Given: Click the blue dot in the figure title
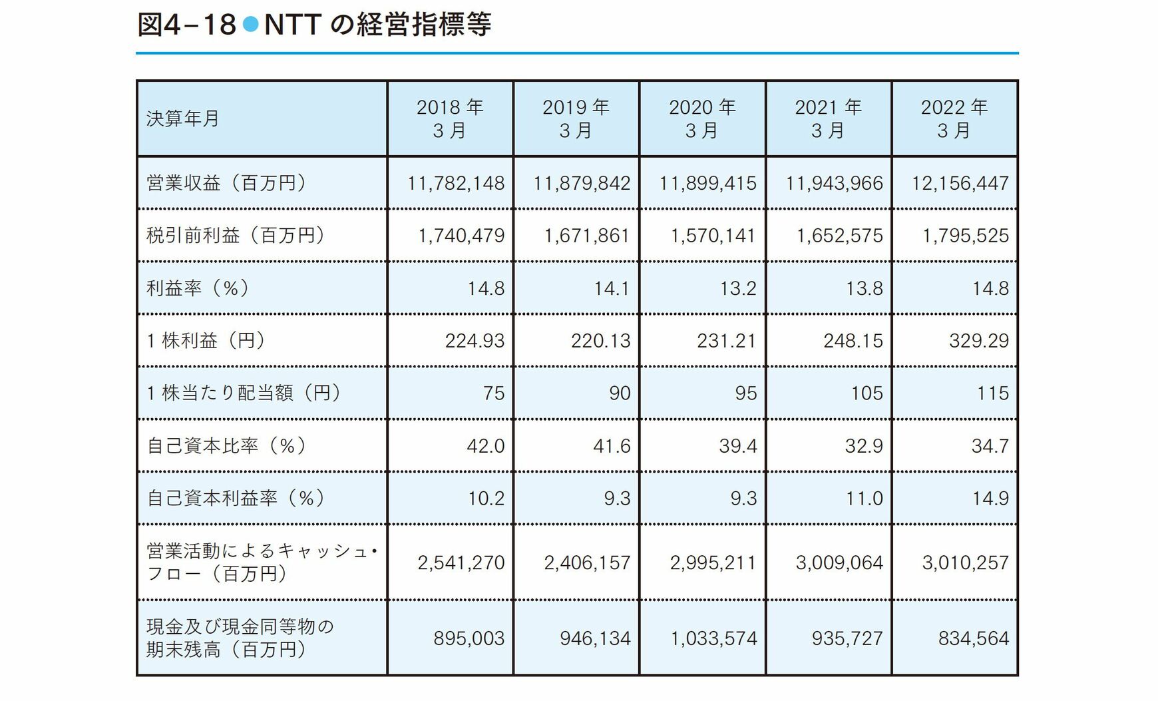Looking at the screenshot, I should tap(250, 25).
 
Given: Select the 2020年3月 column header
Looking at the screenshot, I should tap(702, 118).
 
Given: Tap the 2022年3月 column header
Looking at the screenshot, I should tap(954, 118).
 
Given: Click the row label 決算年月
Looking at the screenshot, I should tap(183, 118).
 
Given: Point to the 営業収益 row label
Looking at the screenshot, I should tap(226, 183).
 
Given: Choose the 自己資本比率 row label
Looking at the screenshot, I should tap(226, 445).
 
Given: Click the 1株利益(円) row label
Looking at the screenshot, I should tap(206, 341).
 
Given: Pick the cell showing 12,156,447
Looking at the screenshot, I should tap(960, 183).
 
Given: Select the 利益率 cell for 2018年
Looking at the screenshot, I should tap(486, 288).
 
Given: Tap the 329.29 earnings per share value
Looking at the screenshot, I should tap(978, 341).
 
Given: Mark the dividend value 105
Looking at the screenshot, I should tap(867, 393).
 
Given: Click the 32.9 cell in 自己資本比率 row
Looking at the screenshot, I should tap(864, 445).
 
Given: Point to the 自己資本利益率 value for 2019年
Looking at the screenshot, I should tap(617, 498).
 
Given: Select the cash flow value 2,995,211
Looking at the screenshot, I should tap(713, 563).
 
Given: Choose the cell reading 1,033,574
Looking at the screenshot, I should tap(713, 638).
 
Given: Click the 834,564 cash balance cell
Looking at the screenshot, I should tap(973, 638).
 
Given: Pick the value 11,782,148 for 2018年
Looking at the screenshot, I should tap(456, 183).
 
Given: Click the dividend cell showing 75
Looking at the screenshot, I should tap(494, 393).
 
